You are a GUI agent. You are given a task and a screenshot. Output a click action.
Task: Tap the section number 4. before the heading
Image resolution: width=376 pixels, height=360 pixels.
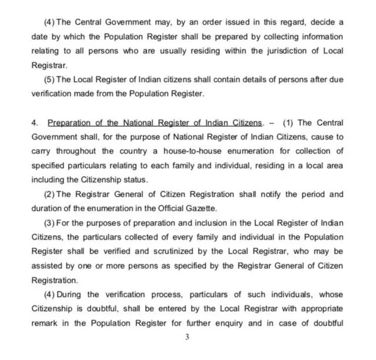coord(35,123)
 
